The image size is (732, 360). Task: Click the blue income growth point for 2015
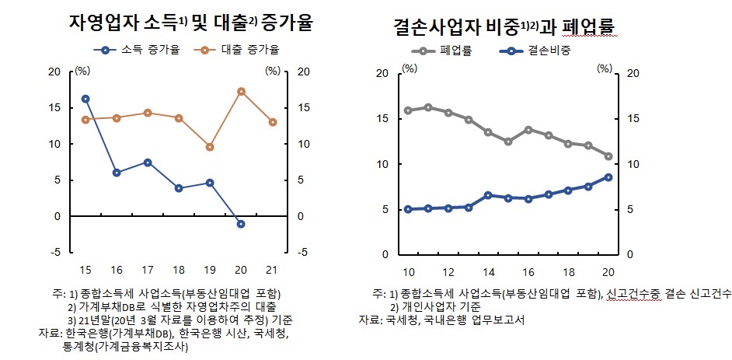pyautogui.click(x=85, y=99)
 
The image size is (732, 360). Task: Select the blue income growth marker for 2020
pyautogui.click(x=241, y=224)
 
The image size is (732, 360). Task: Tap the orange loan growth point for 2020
pyautogui.click(x=241, y=92)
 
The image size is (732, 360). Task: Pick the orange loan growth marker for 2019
pyautogui.click(x=210, y=147)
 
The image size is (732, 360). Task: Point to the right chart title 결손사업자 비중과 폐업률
pyautogui.click(x=510, y=29)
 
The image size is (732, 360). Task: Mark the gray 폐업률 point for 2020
pyautogui.click(x=608, y=156)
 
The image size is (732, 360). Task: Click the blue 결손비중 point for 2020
pyautogui.click(x=608, y=177)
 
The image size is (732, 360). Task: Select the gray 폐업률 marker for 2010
pyautogui.click(x=408, y=110)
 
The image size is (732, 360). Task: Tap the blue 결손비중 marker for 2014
pyautogui.click(x=488, y=195)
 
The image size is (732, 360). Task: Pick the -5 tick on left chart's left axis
pyautogui.click(x=55, y=252)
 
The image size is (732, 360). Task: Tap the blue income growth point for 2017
pyautogui.click(x=148, y=163)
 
